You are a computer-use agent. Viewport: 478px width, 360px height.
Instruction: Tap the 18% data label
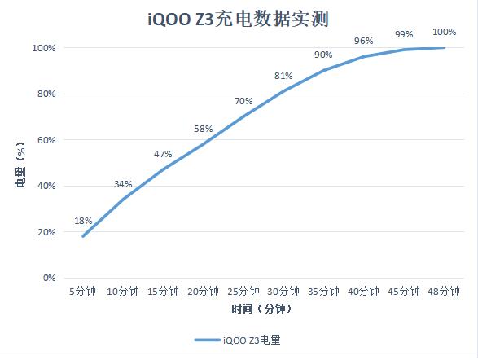point(83,221)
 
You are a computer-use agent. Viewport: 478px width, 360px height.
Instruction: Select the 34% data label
point(123,184)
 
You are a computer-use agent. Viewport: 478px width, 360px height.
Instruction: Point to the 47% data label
point(163,154)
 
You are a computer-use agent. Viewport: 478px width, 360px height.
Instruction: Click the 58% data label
point(203,129)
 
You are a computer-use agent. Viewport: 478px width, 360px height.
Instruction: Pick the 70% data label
point(243,101)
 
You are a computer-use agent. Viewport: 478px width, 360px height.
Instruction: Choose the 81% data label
point(283,76)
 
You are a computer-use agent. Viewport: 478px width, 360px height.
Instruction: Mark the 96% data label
point(363,41)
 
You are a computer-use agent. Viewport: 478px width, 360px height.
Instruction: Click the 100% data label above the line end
point(445,32)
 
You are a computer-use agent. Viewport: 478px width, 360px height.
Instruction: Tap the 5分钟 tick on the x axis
point(83,291)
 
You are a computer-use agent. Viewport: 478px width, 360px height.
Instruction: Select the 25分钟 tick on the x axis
point(243,291)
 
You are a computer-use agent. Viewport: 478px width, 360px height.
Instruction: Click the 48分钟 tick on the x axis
point(445,291)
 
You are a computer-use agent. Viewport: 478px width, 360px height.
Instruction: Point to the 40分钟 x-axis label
point(363,291)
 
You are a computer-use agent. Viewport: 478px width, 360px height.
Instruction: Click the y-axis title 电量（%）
point(21,163)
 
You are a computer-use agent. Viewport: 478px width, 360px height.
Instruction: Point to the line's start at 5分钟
point(83,236)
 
